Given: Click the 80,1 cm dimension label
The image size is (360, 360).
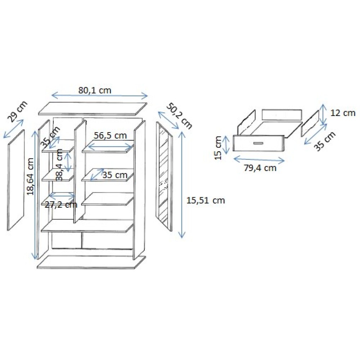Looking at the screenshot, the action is click(x=95, y=90).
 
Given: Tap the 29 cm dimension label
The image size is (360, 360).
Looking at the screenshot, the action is click(x=17, y=111).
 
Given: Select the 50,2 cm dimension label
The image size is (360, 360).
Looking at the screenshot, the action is click(x=179, y=116).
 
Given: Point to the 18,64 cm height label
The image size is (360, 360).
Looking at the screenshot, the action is click(x=31, y=176).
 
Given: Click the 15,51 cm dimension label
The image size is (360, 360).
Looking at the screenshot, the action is click(x=206, y=201).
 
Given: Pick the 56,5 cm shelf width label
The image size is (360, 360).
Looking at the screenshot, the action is click(x=110, y=135).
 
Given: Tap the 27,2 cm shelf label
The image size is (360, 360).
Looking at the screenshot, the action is click(x=61, y=204).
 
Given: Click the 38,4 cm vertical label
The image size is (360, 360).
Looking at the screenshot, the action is click(x=59, y=165).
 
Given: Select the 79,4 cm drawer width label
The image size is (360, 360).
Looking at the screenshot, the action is click(x=260, y=168).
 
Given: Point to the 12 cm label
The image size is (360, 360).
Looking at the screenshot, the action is click(x=343, y=113).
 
